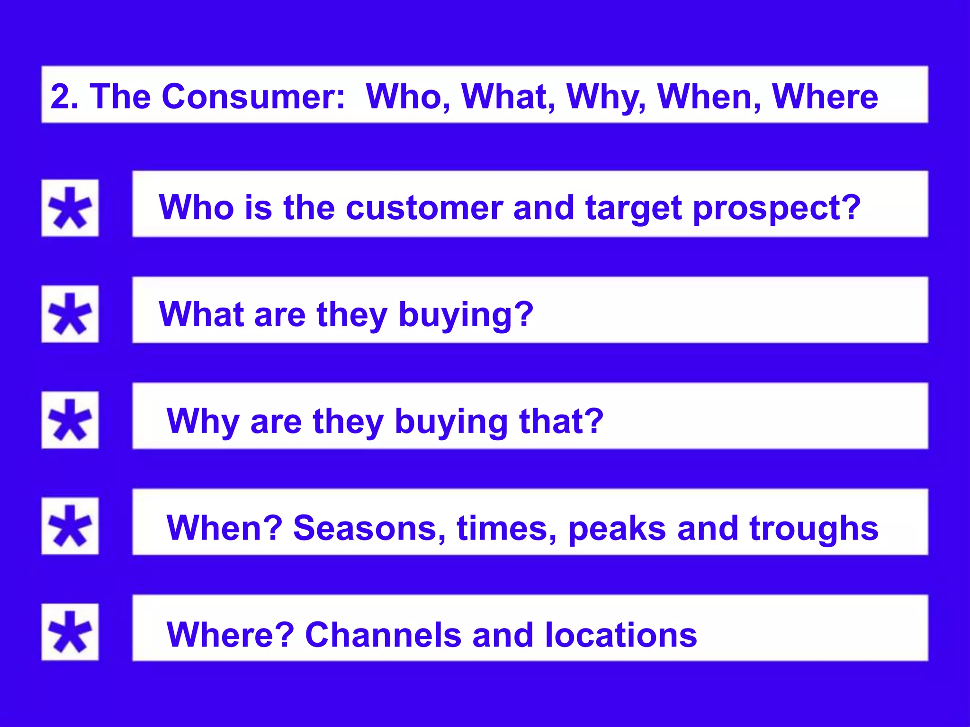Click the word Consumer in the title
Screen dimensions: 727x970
(x=252, y=97)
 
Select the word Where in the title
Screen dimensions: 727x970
(x=825, y=97)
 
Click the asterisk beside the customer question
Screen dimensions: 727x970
(x=70, y=208)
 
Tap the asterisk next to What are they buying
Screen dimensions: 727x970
(x=70, y=314)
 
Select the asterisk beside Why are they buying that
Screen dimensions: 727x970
(x=70, y=420)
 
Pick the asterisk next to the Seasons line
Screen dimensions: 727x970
(x=70, y=526)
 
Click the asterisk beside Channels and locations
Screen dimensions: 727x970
(x=70, y=632)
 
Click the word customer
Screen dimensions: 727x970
(x=424, y=208)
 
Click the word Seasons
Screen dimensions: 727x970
(x=369, y=528)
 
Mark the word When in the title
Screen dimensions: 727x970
(x=709, y=97)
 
